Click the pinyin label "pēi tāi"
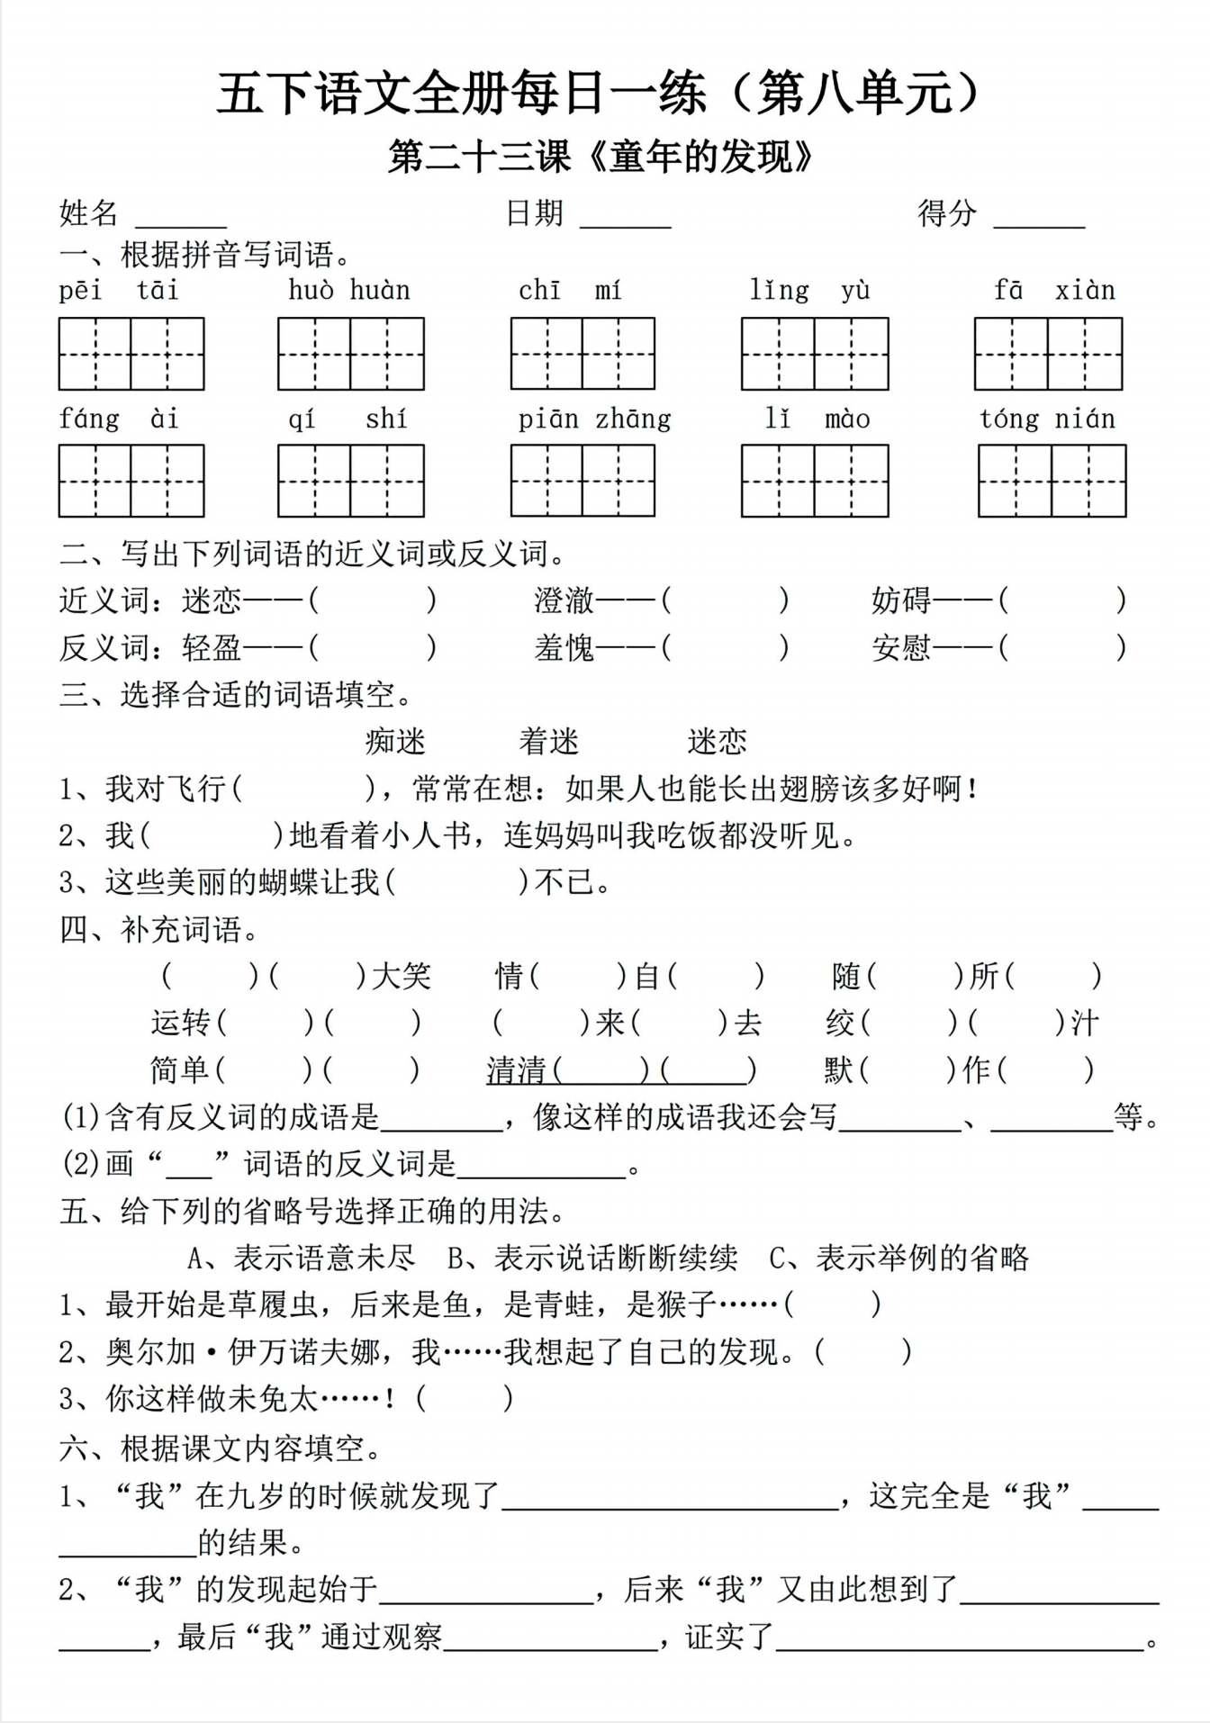[119, 291]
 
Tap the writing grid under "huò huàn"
[350, 354]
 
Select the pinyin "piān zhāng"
[594, 419]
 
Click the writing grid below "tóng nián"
[1052, 481]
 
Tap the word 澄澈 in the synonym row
[564, 600]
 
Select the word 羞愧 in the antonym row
[564, 647]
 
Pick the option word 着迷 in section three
[548, 742]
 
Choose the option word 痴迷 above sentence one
[395, 742]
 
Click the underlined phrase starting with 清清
[620, 1070]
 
